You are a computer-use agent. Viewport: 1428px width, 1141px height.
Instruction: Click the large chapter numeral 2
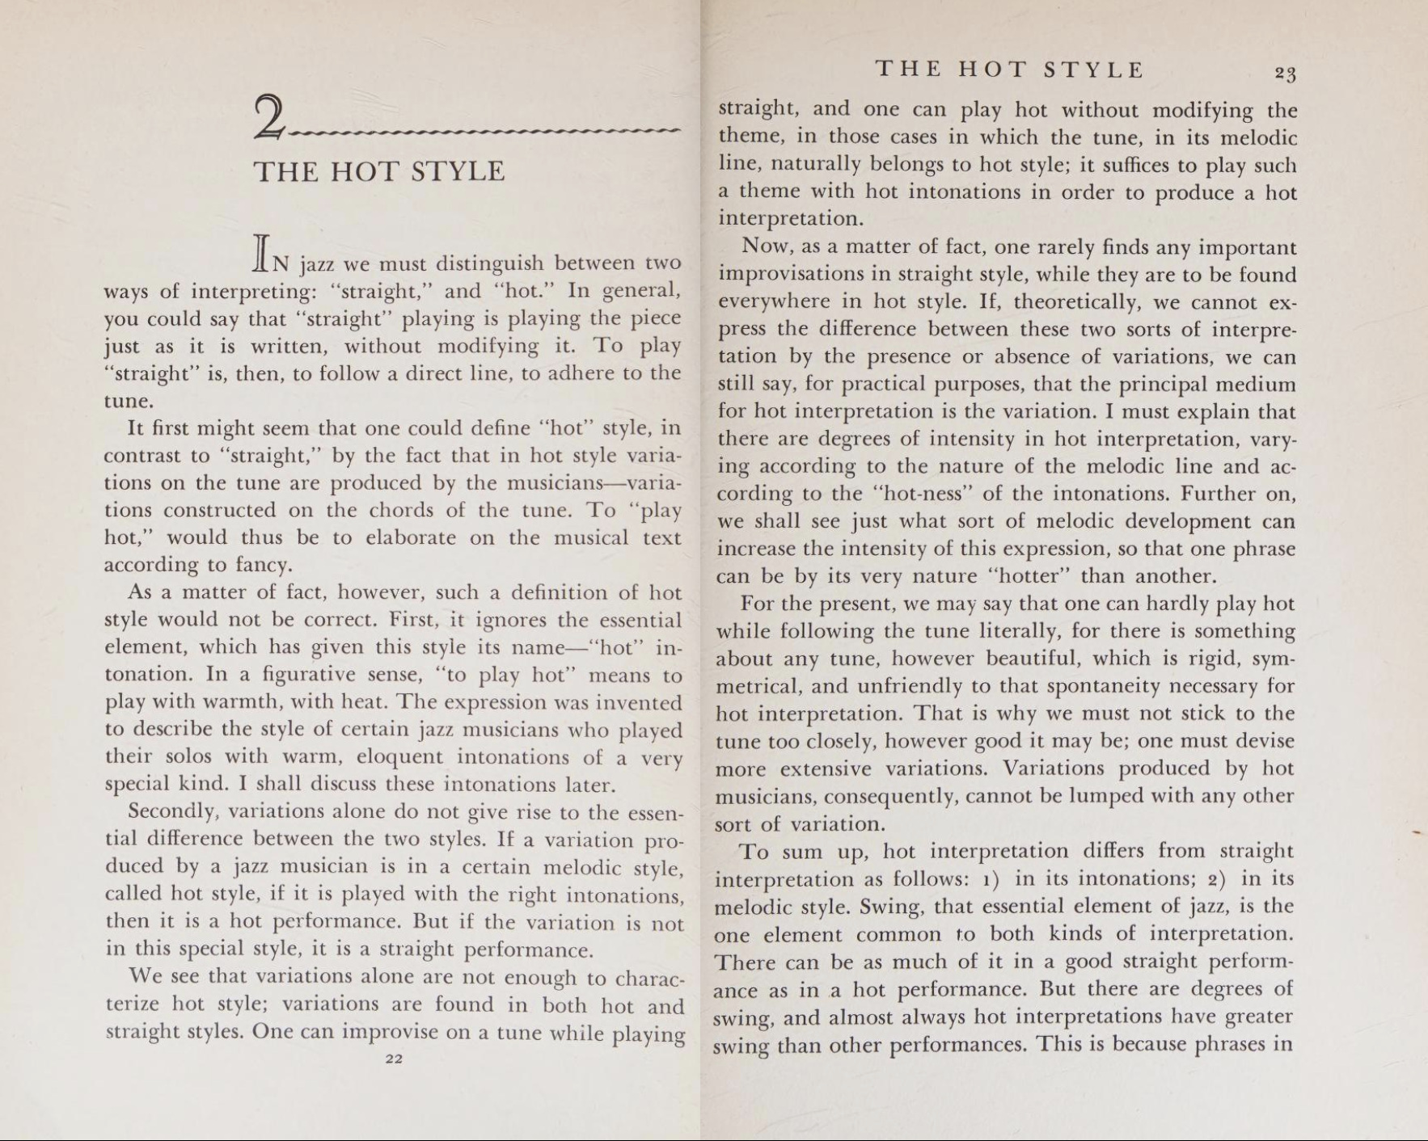(270, 117)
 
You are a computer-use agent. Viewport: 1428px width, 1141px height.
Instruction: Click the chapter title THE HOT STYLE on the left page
(379, 171)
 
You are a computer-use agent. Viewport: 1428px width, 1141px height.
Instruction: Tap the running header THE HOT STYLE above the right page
(1010, 69)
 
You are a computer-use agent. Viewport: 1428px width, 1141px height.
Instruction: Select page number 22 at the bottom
(394, 1059)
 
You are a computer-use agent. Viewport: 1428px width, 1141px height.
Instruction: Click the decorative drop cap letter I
(260, 253)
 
